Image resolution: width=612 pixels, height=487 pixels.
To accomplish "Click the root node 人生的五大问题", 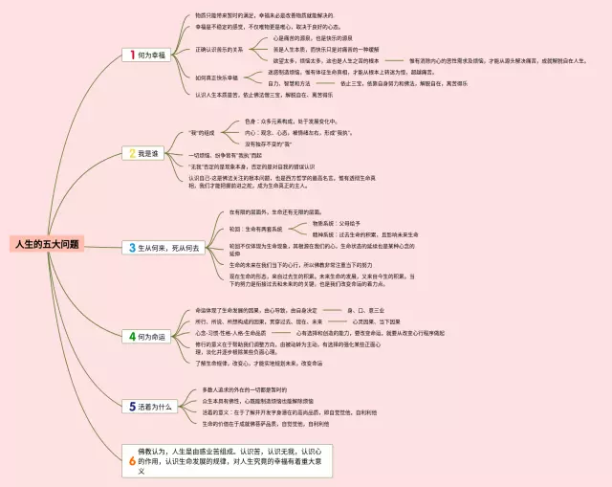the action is [47, 245].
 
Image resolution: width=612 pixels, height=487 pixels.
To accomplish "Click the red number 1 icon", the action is [129, 56].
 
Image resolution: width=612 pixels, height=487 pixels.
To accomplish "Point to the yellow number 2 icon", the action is [129, 153].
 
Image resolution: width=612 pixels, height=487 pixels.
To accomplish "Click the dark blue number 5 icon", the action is [132, 406].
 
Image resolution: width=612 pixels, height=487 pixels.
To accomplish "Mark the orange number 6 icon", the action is [132, 461].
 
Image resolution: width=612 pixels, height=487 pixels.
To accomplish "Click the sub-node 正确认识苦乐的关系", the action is [219, 48].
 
